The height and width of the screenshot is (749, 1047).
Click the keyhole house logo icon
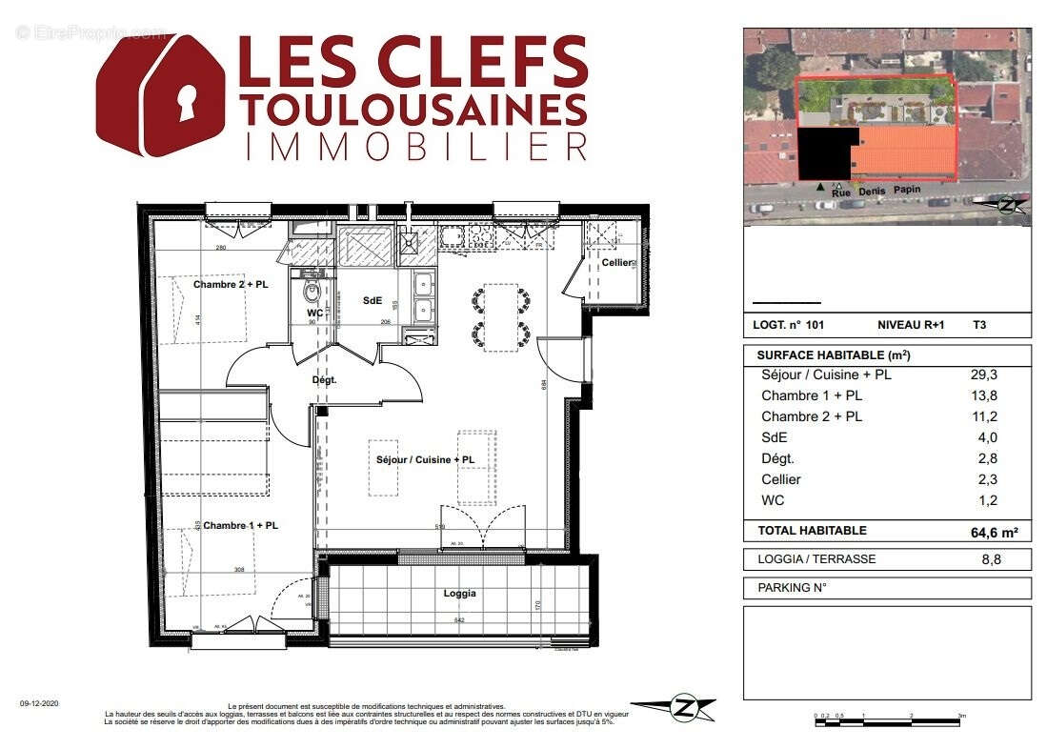pyautogui.click(x=160, y=94)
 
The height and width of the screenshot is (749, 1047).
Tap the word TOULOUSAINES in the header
pyautogui.click(x=413, y=108)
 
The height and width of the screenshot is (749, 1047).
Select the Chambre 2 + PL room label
pyautogui.click(x=229, y=284)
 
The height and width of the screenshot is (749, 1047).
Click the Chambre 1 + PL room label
pyautogui.click(x=240, y=525)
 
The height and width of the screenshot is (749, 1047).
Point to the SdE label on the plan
pyautogui.click(x=372, y=300)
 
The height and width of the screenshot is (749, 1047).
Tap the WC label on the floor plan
pyautogui.click(x=314, y=313)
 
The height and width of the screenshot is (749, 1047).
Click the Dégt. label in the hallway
pyautogui.click(x=325, y=379)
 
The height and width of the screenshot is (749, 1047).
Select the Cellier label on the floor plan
pyautogui.click(x=616, y=262)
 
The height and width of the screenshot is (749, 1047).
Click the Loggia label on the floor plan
pyautogui.click(x=459, y=593)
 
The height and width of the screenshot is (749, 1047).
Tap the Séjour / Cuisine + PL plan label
pyautogui.click(x=425, y=460)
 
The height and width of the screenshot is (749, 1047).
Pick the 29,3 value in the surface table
pyautogui.click(x=984, y=374)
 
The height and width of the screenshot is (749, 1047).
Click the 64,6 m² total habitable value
pyautogui.click(x=987, y=532)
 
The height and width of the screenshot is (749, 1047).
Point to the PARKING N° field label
pyautogui.click(x=791, y=588)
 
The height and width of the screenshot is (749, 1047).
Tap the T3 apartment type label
pyautogui.click(x=979, y=324)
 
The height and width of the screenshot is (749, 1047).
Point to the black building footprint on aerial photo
pyautogui.click(x=827, y=152)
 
